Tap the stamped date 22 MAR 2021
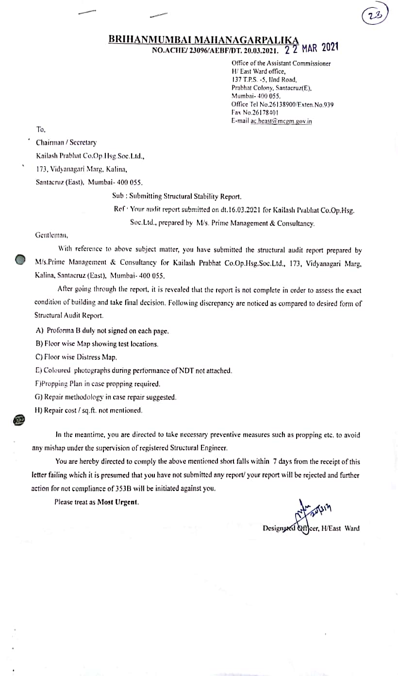click(312, 48)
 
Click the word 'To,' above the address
click(40, 130)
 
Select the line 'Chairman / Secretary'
click(66, 143)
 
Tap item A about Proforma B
click(102, 331)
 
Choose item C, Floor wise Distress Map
click(77, 357)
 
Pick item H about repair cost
click(89, 410)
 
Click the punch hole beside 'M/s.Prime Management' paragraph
click(19, 259)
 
